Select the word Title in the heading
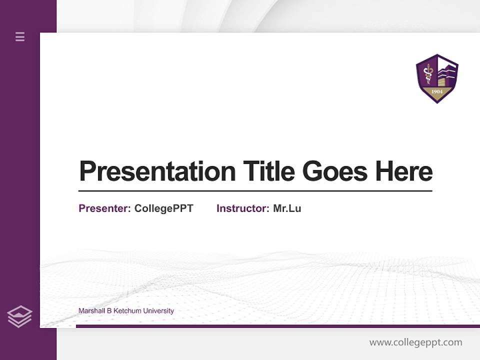coord(268,171)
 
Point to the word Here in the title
coord(404,171)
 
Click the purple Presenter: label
coord(104,208)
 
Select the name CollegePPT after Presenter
coord(163,208)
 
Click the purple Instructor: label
coord(242,208)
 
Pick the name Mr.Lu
coord(287,208)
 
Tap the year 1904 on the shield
coord(437,92)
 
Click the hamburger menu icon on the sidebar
coord(20,36)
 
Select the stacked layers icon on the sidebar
coord(19,316)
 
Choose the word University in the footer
coord(158,311)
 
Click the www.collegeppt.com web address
coord(415,342)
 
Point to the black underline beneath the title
coord(255,191)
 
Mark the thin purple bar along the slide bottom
coord(277,326)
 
